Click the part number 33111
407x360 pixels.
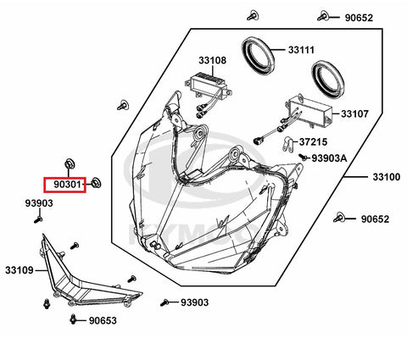pyautogui.click(x=301, y=50)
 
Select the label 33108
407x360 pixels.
pyautogui.click(x=212, y=60)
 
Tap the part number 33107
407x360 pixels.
pyautogui.click(x=354, y=114)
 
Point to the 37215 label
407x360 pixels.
pyautogui.click(x=313, y=141)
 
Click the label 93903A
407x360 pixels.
pyautogui.click(x=329, y=158)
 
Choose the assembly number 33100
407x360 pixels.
pyautogui.click(x=387, y=177)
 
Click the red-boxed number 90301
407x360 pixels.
pyautogui.click(x=68, y=185)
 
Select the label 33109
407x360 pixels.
pyautogui.click(x=20, y=270)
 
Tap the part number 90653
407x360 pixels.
pyautogui.click(x=103, y=320)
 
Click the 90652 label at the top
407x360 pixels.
pyautogui.click(x=359, y=18)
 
